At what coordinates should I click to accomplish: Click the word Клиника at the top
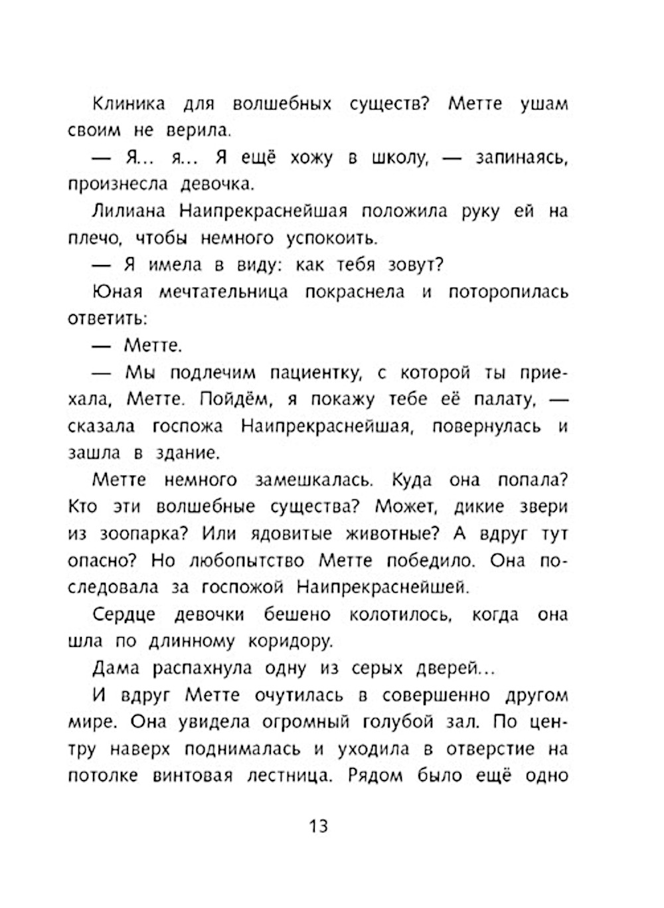(127, 104)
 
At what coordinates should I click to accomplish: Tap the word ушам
(544, 104)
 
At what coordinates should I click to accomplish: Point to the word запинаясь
(522, 158)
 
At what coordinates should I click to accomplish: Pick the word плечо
(94, 238)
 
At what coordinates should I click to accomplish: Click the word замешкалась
(315, 480)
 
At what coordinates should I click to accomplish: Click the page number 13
(318, 826)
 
